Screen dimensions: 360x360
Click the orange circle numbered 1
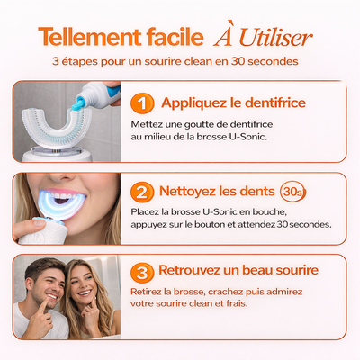(142, 103)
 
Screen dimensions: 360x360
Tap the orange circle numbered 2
(142, 192)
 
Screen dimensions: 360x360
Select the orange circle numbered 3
(142, 273)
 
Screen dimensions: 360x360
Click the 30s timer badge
(292, 192)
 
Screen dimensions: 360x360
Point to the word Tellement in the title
(90, 37)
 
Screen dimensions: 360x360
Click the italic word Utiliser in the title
(275, 39)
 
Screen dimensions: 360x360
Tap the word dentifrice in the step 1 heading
(275, 103)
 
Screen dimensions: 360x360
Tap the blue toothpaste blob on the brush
(78, 104)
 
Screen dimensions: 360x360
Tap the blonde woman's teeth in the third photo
(85, 292)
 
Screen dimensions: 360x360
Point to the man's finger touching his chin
(44, 305)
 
